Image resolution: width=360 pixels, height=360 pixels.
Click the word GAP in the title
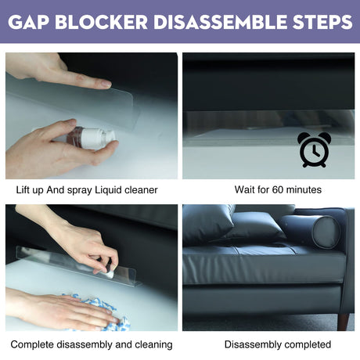[x=28, y=22]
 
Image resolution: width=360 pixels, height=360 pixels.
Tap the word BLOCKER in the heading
[x=102, y=22]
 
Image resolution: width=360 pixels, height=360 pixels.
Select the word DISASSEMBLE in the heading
[x=220, y=22]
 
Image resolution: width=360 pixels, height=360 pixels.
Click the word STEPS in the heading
[x=322, y=22]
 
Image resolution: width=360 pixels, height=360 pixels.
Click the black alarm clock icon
[x=313, y=149]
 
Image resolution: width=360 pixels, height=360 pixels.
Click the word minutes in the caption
[x=304, y=189]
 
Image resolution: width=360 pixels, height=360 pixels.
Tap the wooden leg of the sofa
[x=343, y=322]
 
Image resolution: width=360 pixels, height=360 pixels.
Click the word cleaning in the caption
[x=153, y=345]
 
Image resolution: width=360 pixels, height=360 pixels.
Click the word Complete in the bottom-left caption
[x=32, y=345]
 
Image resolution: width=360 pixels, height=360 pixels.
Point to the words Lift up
[x=30, y=190]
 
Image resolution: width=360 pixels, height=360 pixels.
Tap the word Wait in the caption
[x=245, y=189]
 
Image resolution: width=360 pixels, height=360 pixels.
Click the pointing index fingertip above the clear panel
[x=106, y=84]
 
